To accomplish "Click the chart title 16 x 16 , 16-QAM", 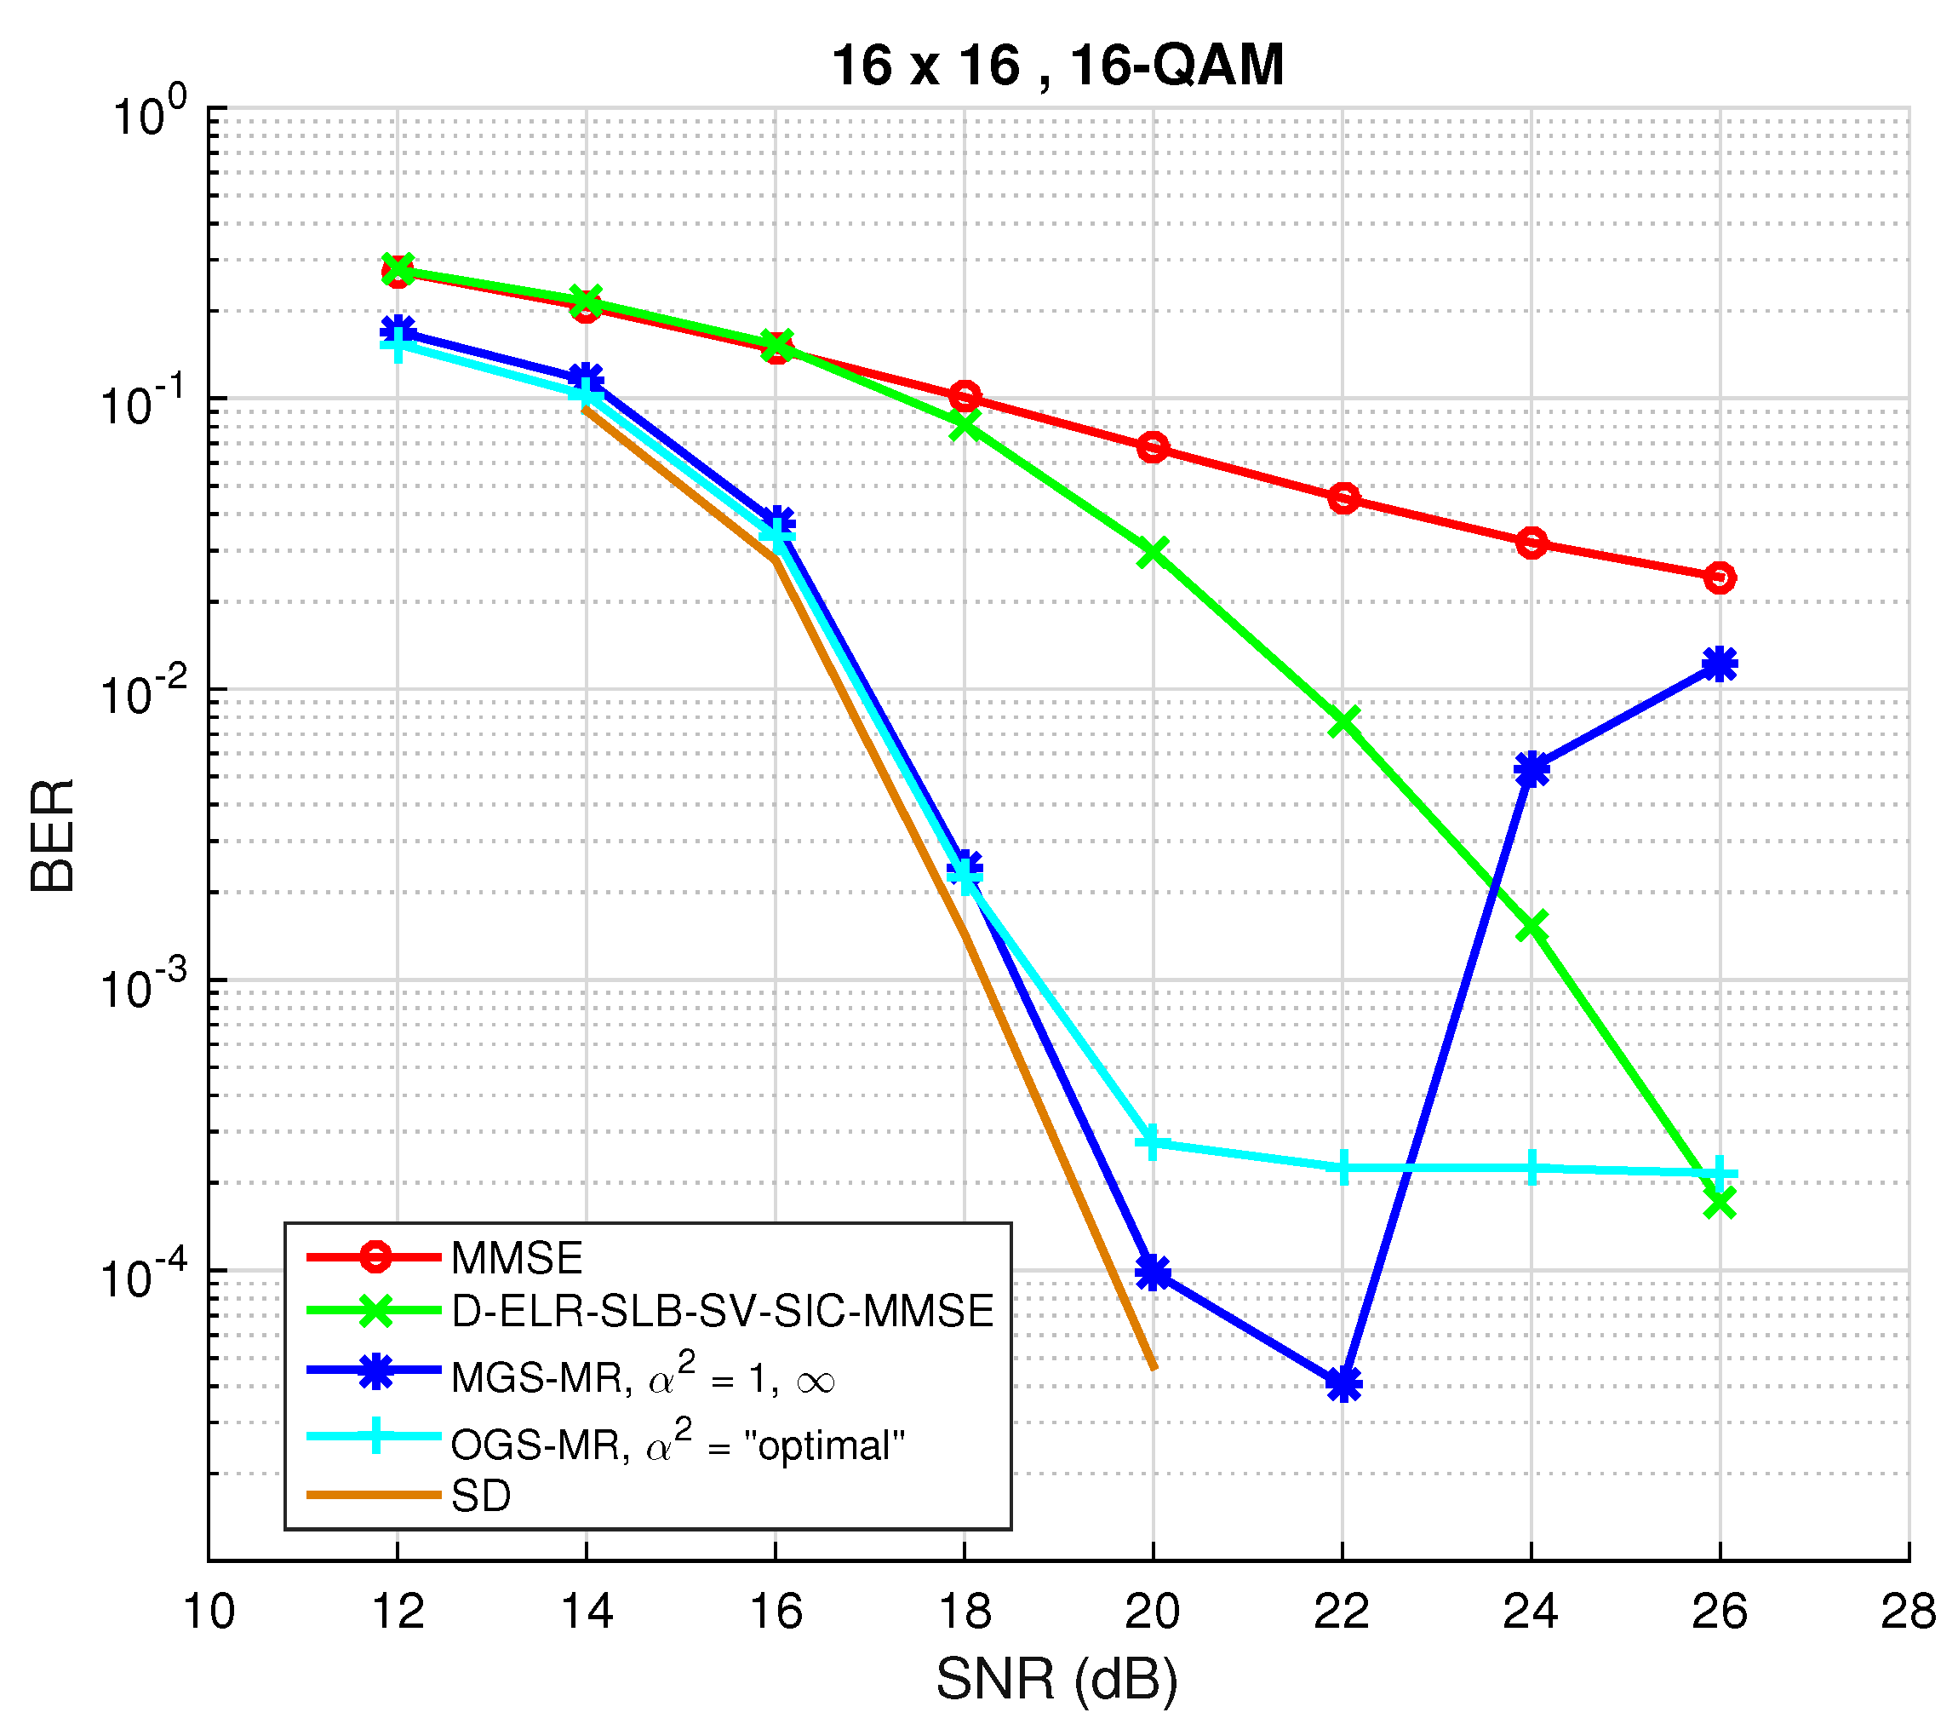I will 1056,67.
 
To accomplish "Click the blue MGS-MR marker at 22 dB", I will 1343,1384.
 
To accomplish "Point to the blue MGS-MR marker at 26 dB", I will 1720,664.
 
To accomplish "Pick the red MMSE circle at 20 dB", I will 1153,447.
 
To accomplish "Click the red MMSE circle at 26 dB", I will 1720,578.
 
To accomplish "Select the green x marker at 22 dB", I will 1343,721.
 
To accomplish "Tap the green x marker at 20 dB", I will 1153,552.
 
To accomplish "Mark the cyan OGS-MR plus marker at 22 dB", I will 1343,1168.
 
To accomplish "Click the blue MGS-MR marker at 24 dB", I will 1531,769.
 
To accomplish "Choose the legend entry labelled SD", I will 481,1496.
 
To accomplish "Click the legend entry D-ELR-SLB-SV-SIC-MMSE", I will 722,1311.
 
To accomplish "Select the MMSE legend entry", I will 517,1258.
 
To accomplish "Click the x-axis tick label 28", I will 1907,1612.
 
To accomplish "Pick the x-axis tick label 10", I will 209,1612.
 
